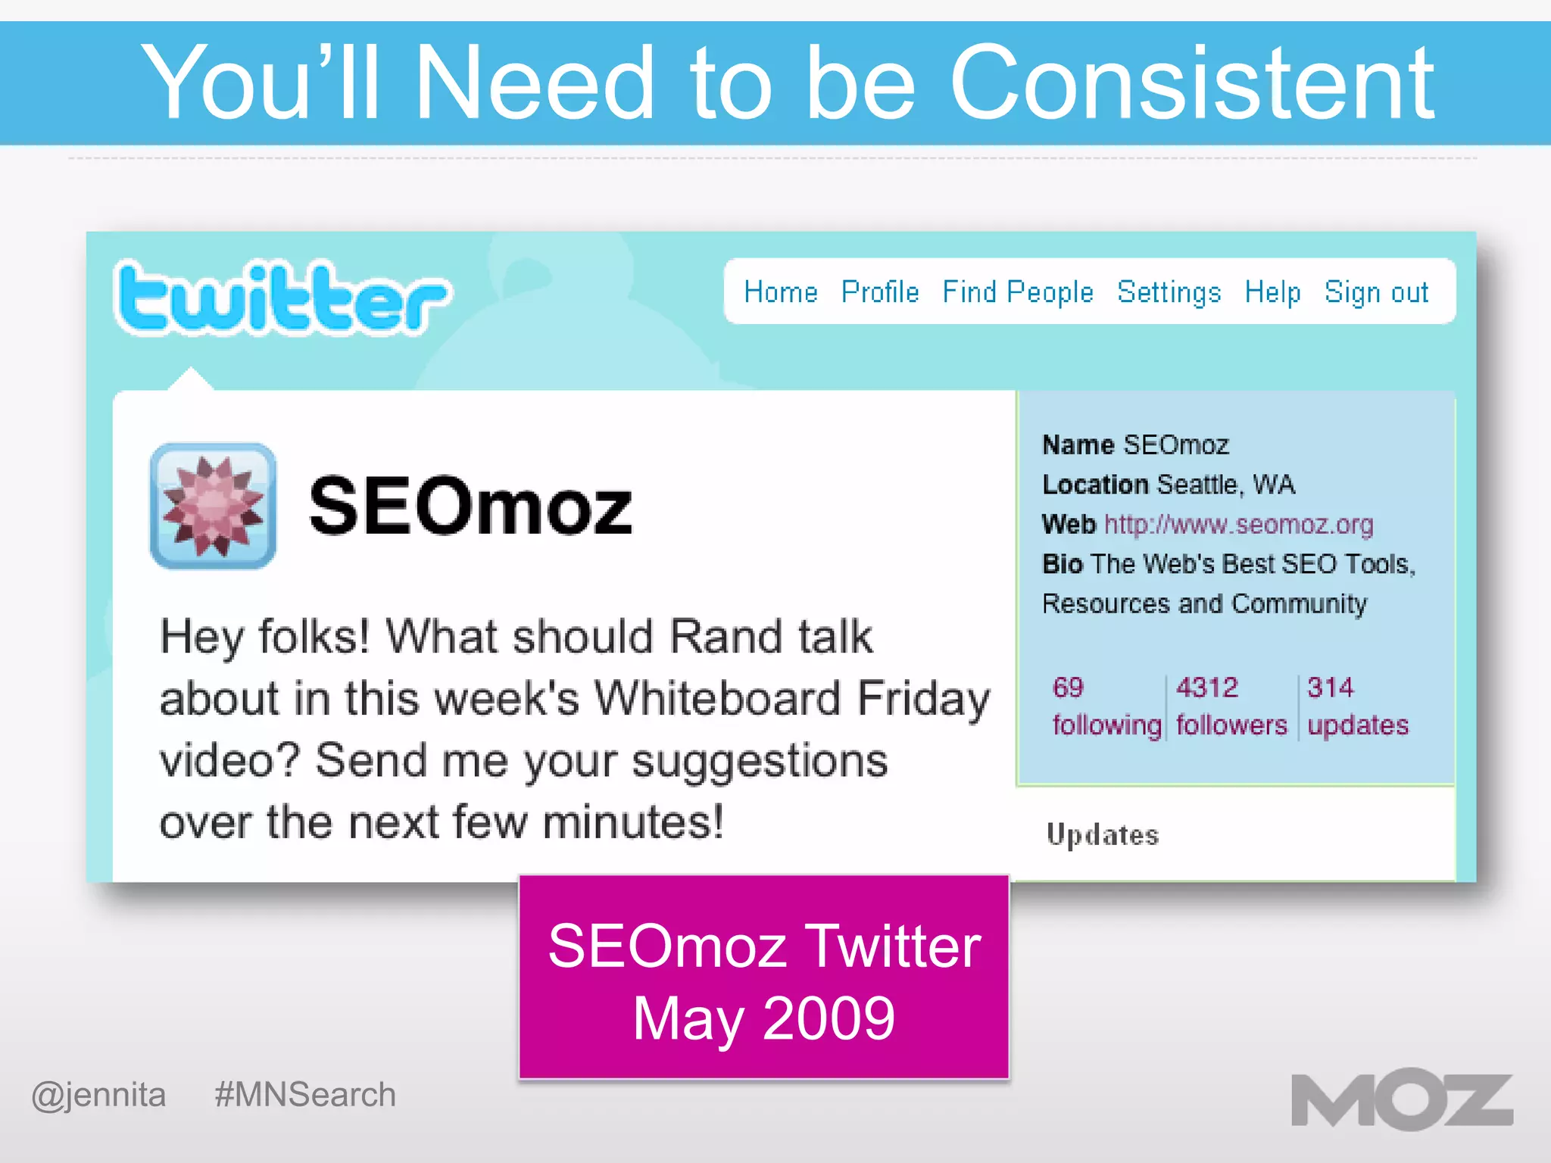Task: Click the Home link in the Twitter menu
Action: pyautogui.click(x=780, y=292)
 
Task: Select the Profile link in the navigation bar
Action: pyautogui.click(x=879, y=292)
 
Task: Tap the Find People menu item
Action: pyautogui.click(x=1017, y=292)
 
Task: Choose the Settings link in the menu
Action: pyautogui.click(x=1169, y=292)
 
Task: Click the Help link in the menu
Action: pyautogui.click(x=1272, y=292)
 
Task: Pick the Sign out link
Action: pyautogui.click(x=1375, y=292)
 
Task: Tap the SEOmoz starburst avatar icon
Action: pyautogui.click(x=213, y=506)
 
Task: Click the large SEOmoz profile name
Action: pyautogui.click(x=470, y=506)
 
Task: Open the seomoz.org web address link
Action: pyautogui.click(x=1238, y=524)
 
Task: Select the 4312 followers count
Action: pyautogui.click(x=1231, y=706)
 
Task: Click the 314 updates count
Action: pyautogui.click(x=1357, y=706)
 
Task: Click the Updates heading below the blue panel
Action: pyautogui.click(x=1102, y=834)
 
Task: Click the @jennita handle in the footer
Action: pyautogui.click(x=98, y=1095)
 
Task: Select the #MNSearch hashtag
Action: pyautogui.click(x=304, y=1095)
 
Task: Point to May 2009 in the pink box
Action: pyautogui.click(x=763, y=1018)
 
